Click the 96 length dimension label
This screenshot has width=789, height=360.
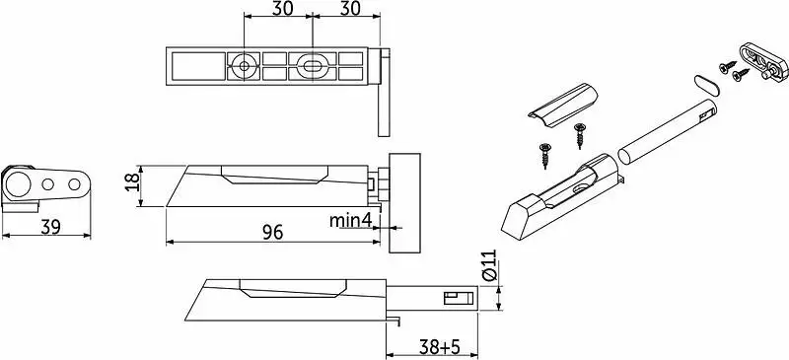[x=273, y=232]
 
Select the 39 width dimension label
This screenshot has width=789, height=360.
[x=51, y=227]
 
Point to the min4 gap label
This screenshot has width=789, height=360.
[x=350, y=220]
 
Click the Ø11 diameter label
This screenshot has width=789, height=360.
[x=489, y=265]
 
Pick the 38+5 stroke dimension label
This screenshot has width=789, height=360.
[x=440, y=346]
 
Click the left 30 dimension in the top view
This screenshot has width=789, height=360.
[x=283, y=9]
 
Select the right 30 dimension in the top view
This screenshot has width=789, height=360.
[x=350, y=9]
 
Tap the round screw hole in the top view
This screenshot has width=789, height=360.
[x=244, y=65]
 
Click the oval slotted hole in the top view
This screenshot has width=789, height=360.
[x=313, y=65]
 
